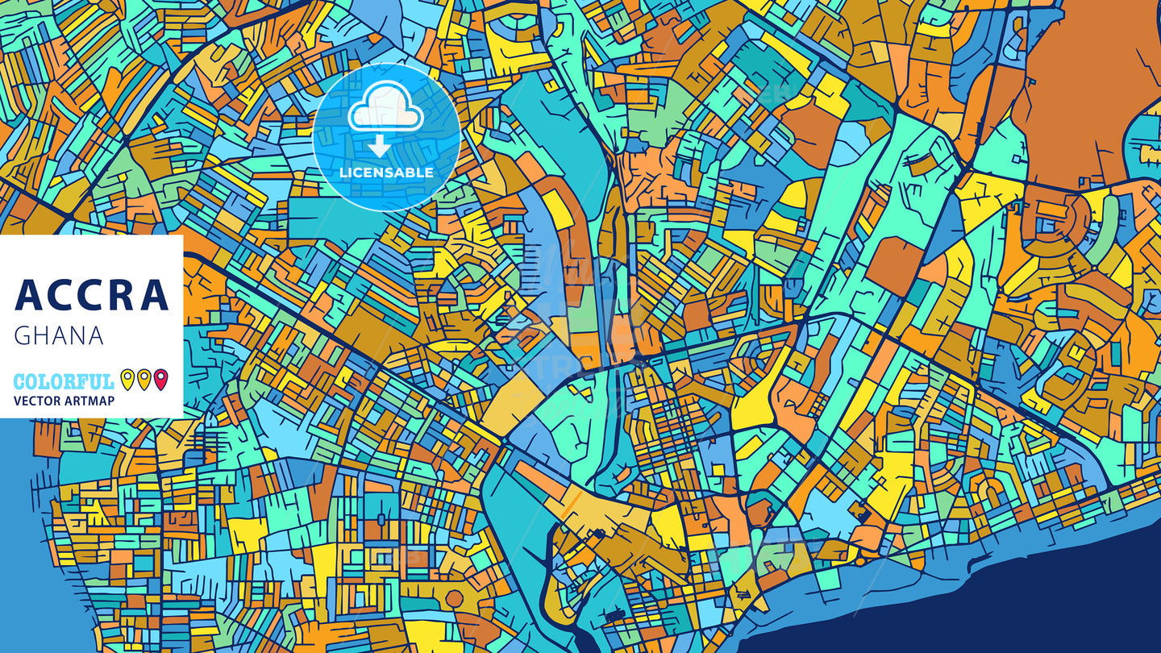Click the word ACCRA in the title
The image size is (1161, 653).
(x=91, y=295)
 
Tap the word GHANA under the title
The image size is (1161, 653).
(x=59, y=336)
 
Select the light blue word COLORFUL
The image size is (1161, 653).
(x=64, y=381)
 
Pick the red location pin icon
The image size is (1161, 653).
(x=161, y=378)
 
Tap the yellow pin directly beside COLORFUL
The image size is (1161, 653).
(x=127, y=378)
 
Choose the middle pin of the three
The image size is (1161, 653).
(x=144, y=378)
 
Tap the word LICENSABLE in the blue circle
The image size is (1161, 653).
(x=386, y=173)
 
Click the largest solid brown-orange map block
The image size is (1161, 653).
(x=1088, y=89)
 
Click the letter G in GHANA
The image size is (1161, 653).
(x=22, y=336)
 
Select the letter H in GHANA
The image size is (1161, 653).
(x=40, y=336)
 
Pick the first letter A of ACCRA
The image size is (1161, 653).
(x=28, y=295)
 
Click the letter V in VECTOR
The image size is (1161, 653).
(x=18, y=401)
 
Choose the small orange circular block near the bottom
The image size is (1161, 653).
(x=455, y=598)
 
